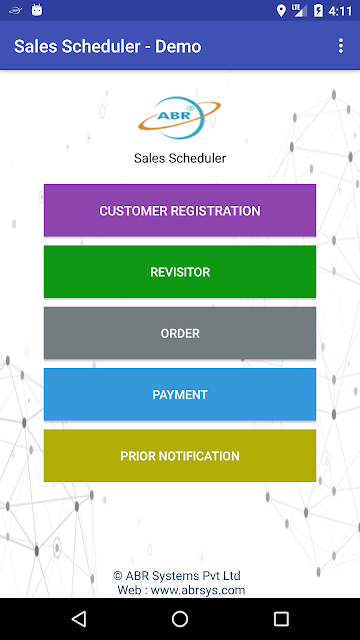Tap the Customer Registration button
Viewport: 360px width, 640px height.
180,210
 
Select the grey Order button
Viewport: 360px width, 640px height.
180,333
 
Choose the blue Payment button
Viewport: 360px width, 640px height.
180,394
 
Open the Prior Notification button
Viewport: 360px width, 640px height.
180,456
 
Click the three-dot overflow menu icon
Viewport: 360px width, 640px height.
341,46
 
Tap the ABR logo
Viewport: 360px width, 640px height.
180,118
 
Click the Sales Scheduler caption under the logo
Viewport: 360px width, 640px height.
180,158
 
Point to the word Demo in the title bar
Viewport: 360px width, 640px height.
178,47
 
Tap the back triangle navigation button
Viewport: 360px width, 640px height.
79,619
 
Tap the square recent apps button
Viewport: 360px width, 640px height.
281,619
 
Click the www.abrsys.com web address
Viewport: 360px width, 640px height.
198,590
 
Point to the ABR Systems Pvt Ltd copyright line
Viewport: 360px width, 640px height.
177,576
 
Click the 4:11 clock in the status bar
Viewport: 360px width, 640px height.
340,11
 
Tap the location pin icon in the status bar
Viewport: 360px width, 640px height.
281,11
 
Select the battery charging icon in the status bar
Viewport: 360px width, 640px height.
318,11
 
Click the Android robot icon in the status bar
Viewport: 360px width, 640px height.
37,10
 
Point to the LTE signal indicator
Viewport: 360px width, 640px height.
299,11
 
